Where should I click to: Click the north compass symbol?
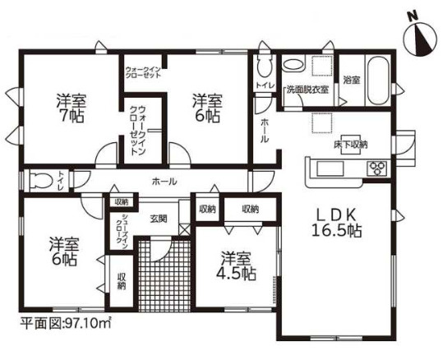tap(421, 35)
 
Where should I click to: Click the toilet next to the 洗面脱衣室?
tap(264, 67)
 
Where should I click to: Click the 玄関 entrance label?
tap(159, 218)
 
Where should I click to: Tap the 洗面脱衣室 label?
tap(308, 89)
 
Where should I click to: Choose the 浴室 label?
tap(352, 80)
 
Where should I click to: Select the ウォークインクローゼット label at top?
tap(144, 64)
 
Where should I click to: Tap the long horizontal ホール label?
tap(161, 181)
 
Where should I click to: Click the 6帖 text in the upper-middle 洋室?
tap(207, 117)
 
